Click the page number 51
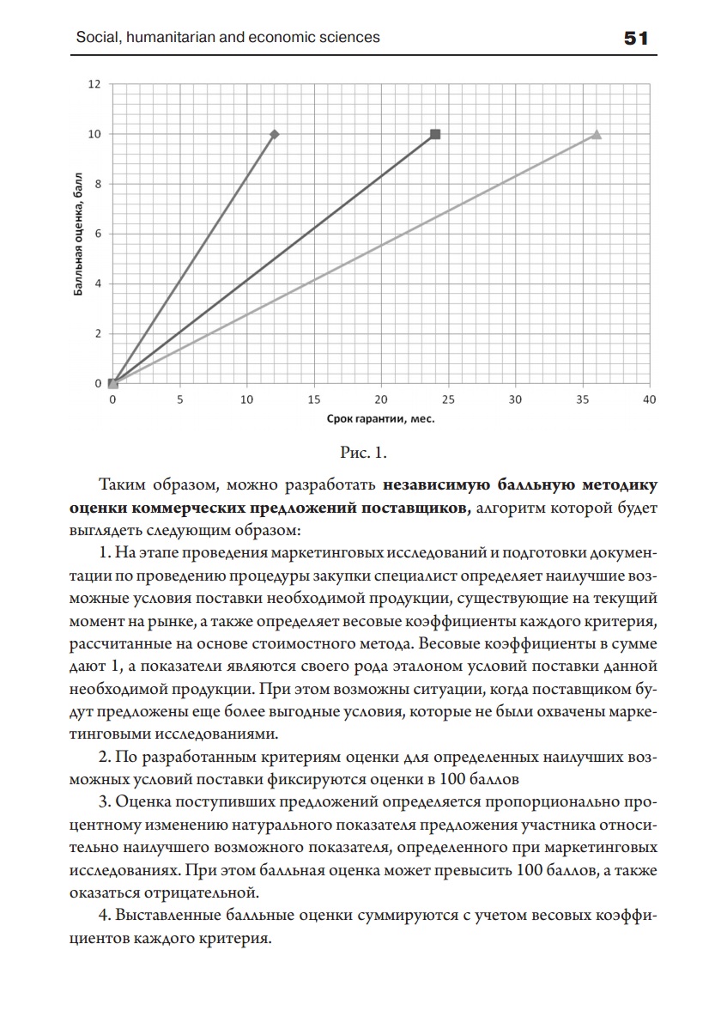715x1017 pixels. point(635,39)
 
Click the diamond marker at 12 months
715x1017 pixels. point(275,134)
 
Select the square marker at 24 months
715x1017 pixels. point(435,134)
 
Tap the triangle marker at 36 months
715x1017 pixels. point(597,134)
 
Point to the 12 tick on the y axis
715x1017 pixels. point(94,84)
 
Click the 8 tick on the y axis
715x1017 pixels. point(98,184)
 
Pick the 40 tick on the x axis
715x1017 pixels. point(649,399)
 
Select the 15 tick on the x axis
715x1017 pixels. point(314,399)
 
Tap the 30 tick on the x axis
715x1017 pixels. point(515,399)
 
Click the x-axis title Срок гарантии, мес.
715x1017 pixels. point(381,419)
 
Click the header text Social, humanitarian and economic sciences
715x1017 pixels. point(227,38)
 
